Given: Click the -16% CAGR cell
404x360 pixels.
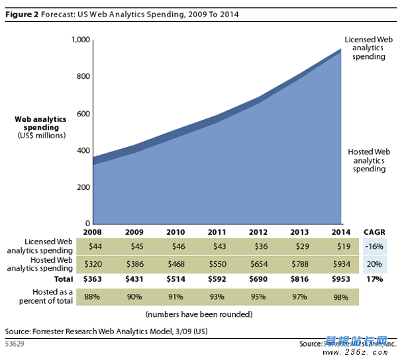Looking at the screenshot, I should (x=374, y=246).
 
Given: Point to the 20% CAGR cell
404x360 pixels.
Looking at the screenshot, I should (x=374, y=263).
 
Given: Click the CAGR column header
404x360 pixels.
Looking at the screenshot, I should (x=374, y=232).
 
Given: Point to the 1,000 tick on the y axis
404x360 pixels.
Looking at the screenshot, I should (x=79, y=40).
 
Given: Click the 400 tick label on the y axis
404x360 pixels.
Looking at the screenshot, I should (x=82, y=150).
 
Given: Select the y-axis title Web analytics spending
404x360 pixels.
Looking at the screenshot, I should (x=41, y=123).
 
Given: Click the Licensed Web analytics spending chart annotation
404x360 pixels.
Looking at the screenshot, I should (x=368, y=48).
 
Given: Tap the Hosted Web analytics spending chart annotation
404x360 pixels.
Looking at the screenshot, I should (x=368, y=160).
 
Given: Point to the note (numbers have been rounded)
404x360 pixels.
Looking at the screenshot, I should (x=199, y=314).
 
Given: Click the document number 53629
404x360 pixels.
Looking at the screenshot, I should (x=17, y=343).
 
